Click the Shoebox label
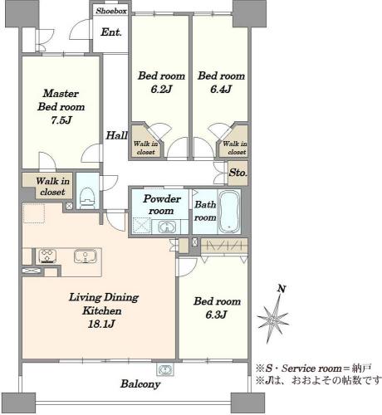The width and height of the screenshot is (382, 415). [x=111, y=11]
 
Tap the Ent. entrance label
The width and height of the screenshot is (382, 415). [x=111, y=32]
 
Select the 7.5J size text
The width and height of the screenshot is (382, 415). [x=61, y=120]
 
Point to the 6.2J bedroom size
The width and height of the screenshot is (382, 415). [x=161, y=89]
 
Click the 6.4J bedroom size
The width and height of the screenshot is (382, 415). [x=221, y=89]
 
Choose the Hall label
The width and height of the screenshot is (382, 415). [x=116, y=135]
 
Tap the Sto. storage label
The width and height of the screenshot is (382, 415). [x=238, y=173]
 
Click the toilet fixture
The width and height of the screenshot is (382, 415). [x=87, y=198]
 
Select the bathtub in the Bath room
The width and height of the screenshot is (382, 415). [x=229, y=212]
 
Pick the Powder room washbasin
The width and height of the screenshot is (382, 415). [x=167, y=227]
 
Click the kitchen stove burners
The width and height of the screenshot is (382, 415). [x=47, y=256]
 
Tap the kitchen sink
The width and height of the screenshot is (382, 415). [x=86, y=256]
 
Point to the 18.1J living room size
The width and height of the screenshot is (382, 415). [x=101, y=324]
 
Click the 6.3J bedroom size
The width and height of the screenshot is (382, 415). [x=216, y=315]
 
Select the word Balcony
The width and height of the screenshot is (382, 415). [x=140, y=384]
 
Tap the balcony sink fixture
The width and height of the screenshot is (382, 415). [x=165, y=369]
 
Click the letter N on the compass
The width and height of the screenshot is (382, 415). [x=282, y=289]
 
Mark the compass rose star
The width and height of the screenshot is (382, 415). [x=273, y=320]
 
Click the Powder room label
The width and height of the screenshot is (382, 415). [x=161, y=205]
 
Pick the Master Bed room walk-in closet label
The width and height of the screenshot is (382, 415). [x=52, y=187]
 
